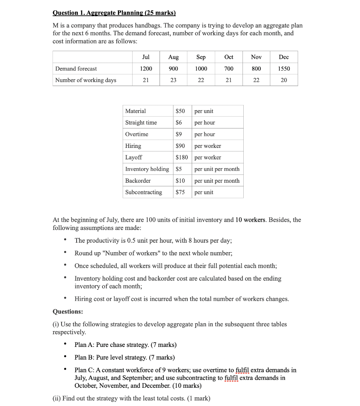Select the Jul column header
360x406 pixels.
pyautogui.click(x=146, y=57)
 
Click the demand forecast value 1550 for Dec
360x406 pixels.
pyautogui.click(x=284, y=69)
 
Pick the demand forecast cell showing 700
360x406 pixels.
pyautogui.click(x=229, y=69)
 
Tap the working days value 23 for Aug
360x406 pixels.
pyautogui.click(x=173, y=80)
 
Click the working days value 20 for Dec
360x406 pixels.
pyautogui.click(x=284, y=80)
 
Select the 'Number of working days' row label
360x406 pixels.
pyautogui.click(x=86, y=80)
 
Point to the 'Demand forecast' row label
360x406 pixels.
pyautogui.click(x=76, y=69)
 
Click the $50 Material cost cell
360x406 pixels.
pyautogui.click(x=180, y=111)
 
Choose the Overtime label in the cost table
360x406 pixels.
pyautogui.click(x=137, y=134)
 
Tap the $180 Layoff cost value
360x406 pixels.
pyautogui.click(x=182, y=157)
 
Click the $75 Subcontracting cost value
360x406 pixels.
pyautogui.click(x=180, y=192)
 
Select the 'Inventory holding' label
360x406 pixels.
pyautogui.click(x=147, y=169)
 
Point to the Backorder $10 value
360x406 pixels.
pyautogui.click(x=180, y=181)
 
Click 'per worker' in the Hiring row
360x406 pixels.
pyautogui.click(x=208, y=146)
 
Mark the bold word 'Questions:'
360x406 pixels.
pyautogui.click(x=68, y=312)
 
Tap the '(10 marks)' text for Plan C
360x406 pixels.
pyautogui.click(x=187, y=385)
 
